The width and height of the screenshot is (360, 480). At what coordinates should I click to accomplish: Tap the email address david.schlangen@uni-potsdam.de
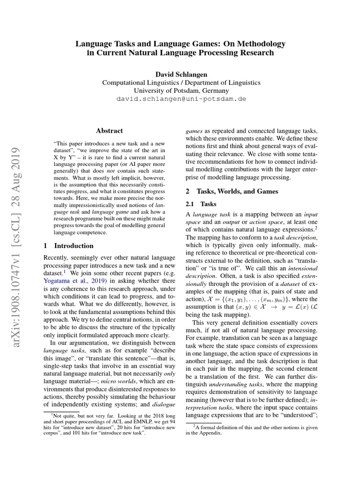[181, 99]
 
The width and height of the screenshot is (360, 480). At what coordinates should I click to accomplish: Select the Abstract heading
[109, 131]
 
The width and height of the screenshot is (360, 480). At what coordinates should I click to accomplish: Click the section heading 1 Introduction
[68, 246]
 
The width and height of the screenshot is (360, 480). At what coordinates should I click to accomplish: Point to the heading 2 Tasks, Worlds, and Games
[232, 191]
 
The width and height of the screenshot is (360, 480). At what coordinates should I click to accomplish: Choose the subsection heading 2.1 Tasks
[196, 204]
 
